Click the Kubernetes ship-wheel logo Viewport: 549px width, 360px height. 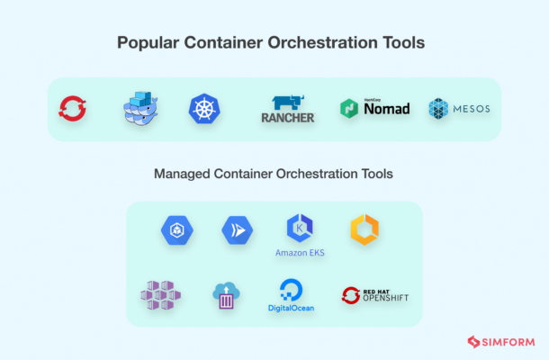(x=204, y=109)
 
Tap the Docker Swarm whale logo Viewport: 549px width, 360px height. (x=140, y=108)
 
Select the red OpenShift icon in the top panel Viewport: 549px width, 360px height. (x=73, y=109)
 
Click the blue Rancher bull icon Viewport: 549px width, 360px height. (x=288, y=103)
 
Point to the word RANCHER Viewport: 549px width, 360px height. (x=288, y=118)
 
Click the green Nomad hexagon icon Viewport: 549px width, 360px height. (x=349, y=108)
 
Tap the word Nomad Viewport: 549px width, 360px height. (x=387, y=109)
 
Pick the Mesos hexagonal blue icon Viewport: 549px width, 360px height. (x=438, y=109)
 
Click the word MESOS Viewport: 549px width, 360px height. (x=472, y=109)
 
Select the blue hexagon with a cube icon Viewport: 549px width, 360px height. (x=177, y=230)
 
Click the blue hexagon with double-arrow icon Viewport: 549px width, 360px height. (x=238, y=230)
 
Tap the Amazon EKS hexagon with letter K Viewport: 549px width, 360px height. (x=300, y=229)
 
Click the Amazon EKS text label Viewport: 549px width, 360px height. (x=300, y=253)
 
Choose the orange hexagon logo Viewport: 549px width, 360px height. (x=364, y=229)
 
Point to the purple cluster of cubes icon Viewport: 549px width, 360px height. (x=161, y=295)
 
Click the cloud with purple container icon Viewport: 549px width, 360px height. (x=226, y=295)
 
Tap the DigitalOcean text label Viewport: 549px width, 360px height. (x=291, y=308)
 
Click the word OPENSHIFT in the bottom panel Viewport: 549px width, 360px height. (x=386, y=298)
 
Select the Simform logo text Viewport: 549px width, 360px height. (x=508, y=342)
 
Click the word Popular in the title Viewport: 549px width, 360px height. (x=148, y=42)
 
